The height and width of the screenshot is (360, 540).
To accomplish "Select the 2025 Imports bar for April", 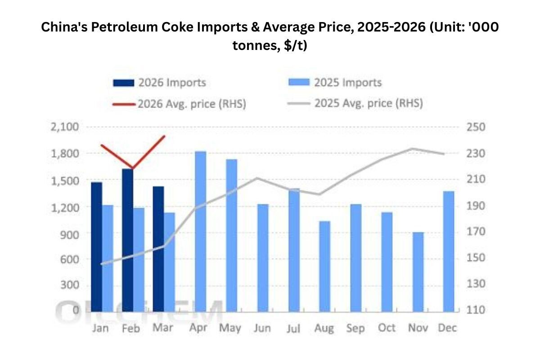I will [200, 231].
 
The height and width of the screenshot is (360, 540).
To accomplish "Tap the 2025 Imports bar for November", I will [418, 272].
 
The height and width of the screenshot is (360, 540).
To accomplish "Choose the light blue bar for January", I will [107, 258].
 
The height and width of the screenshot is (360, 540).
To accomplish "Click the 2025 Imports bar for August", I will [324, 266].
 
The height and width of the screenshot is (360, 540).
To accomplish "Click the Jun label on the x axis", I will [262, 328].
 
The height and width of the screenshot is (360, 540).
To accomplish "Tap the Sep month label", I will [355, 328].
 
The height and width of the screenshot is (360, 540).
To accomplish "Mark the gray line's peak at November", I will [412, 148].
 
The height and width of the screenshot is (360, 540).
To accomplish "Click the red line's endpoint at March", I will [165, 136].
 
